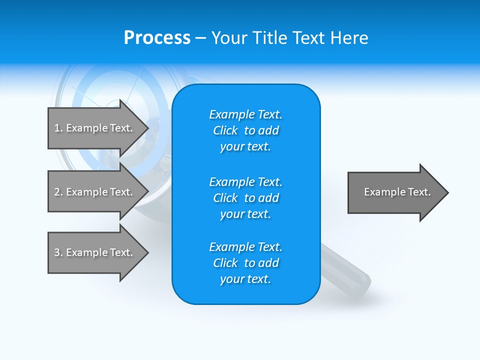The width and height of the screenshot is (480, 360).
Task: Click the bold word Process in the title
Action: tap(157, 38)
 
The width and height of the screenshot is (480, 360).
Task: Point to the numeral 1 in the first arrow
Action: tap(56, 128)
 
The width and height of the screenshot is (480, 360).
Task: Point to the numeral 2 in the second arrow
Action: tap(57, 192)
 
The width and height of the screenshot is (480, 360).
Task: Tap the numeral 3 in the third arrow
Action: tap(57, 252)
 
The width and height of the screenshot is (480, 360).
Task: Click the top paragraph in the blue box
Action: tap(245, 130)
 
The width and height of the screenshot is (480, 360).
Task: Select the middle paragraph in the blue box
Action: tap(245, 198)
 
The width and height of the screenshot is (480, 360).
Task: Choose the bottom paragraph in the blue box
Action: tap(245, 263)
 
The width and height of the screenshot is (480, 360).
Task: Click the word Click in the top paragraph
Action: tap(225, 130)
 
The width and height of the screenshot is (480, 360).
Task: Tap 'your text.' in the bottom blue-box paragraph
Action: tap(245, 279)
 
